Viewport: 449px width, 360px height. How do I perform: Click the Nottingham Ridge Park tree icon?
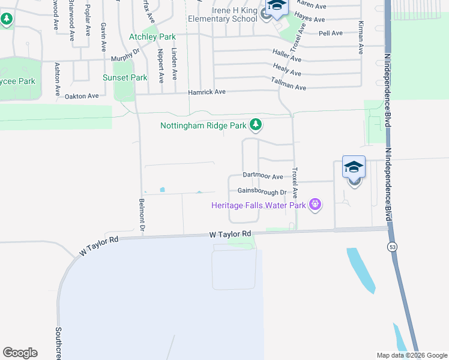pyautogui.click(x=256, y=125)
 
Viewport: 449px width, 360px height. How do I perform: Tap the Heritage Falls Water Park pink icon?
pyautogui.click(x=315, y=205)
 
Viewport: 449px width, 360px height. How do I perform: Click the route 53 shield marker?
pyautogui.click(x=393, y=247)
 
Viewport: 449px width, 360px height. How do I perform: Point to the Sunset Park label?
pyautogui.click(x=125, y=77)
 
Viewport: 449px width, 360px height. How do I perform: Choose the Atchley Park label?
pyautogui.click(x=152, y=37)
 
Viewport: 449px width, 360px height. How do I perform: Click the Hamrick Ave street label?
pyautogui.click(x=206, y=92)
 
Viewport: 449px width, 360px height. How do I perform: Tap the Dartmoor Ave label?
pyautogui.click(x=262, y=176)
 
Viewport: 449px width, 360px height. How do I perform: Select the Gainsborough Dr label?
pyautogui.click(x=258, y=192)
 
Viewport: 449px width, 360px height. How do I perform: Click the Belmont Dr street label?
pyautogui.click(x=143, y=215)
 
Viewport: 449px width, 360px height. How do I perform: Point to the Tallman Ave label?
pyautogui.click(x=288, y=84)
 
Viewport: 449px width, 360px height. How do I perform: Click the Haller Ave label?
pyautogui.click(x=287, y=56)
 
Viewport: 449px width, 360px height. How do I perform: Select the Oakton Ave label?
pyautogui.click(x=81, y=96)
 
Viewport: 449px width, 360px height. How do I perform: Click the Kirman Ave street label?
pyautogui.click(x=361, y=38)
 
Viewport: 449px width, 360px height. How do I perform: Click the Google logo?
pyautogui.click(x=20, y=353)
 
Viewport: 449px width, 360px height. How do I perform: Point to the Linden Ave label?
pyautogui.click(x=175, y=64)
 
